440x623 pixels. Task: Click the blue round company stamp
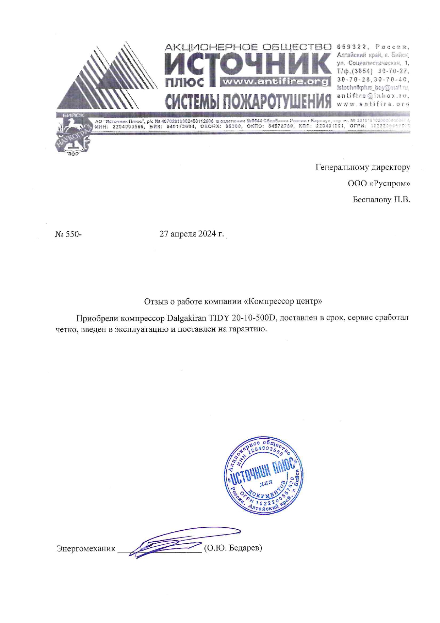264,475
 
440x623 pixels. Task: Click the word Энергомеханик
86,548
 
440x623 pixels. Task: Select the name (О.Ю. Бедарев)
233,548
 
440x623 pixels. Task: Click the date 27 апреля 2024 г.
192,234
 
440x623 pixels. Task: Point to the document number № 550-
68,234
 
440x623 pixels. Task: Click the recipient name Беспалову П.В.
381,200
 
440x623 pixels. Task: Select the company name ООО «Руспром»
379,184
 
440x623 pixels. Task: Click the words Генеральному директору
363,167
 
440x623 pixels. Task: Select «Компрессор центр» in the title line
283,302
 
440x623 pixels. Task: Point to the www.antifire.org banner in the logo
275,82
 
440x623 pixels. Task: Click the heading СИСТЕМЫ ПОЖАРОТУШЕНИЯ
248,101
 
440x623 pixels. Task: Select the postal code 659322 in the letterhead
351,47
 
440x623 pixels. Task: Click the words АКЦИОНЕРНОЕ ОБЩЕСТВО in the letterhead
248,47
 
